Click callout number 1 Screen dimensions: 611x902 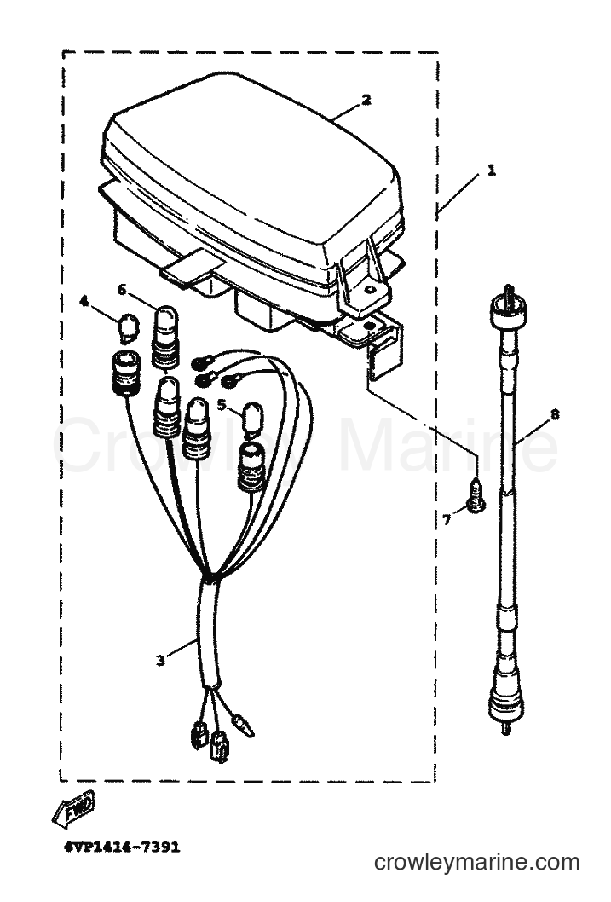[491, 171]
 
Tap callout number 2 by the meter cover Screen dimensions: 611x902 [366, 100]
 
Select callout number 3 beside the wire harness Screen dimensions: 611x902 [160, 661]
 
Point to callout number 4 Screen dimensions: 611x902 [84, 301]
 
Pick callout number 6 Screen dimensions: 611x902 [122, 289]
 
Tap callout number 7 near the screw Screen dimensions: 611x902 [447, 520]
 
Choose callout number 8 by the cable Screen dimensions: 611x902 [554, 414]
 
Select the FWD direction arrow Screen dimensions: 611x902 [73, 811]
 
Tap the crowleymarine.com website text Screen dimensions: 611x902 [476, 862]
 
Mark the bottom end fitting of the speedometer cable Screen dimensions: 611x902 [506, 703]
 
